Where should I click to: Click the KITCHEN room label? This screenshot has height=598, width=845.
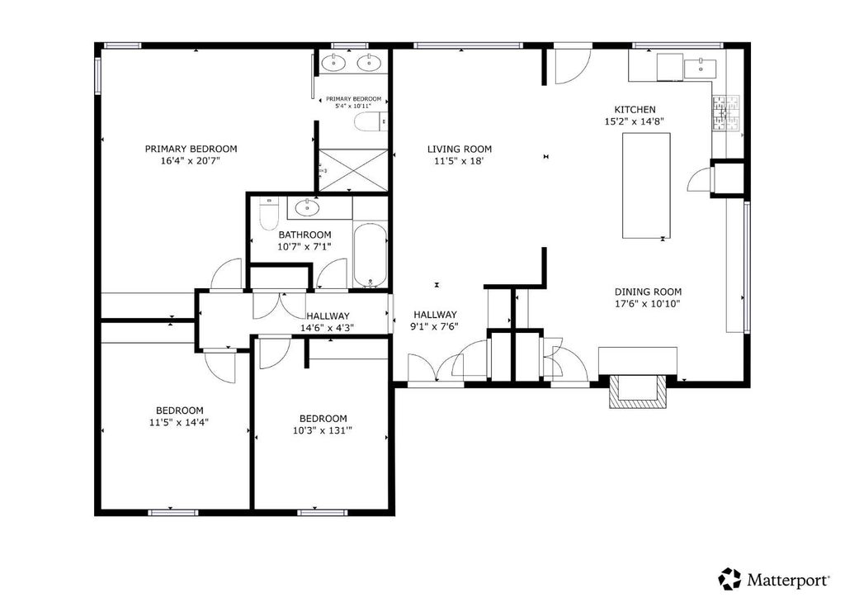(635, 110)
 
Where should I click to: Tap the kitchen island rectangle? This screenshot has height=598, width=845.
(646, 186)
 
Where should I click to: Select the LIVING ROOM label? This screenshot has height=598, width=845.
(459, 149)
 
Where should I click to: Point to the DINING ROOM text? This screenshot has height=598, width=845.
(648, 292)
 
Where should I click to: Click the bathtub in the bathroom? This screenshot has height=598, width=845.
(371, 254)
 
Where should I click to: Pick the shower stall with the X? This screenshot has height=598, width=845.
(353, 170)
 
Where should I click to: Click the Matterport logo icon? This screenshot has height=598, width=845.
(729, 579)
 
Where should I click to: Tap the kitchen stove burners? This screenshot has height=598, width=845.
(725, 112)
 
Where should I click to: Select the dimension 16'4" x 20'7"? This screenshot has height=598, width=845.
(191, 161)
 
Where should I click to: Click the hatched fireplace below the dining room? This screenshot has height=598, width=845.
(638, 391)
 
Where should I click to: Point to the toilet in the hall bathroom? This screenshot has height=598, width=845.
(268, 214)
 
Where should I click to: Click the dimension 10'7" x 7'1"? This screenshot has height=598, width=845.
(304, 247)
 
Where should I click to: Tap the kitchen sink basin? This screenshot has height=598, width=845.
(700, 69)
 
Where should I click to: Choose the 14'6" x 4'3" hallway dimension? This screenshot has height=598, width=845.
(327, 327)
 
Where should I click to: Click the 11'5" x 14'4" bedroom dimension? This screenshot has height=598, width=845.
(179, 422)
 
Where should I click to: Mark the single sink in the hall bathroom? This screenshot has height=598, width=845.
(307, 207)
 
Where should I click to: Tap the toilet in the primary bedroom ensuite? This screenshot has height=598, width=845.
(371, 122)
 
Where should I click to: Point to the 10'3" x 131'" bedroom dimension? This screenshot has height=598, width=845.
(323, 430)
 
